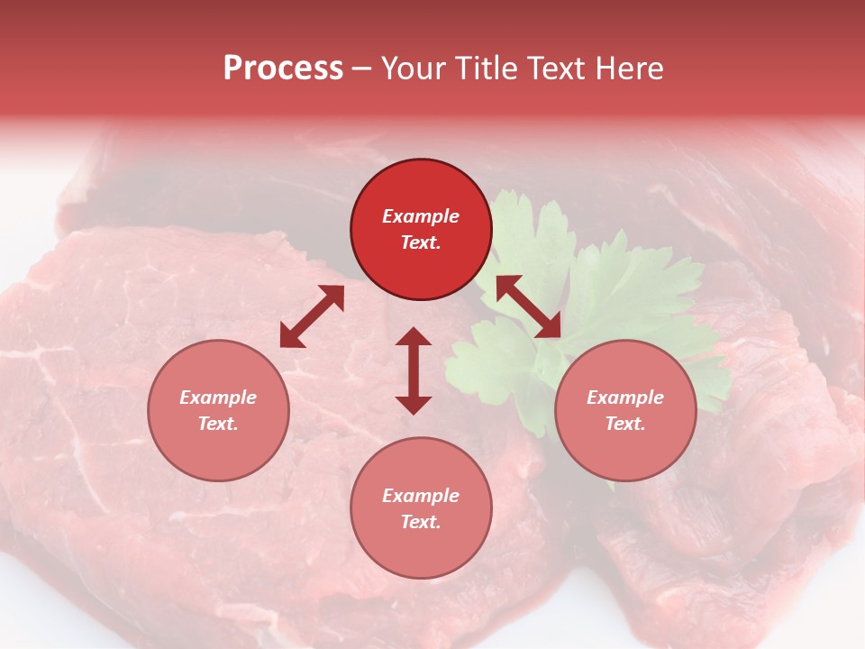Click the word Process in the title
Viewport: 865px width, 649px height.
(283, 68)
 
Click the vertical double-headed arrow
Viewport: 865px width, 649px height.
(414, 370)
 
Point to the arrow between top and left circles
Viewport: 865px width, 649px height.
(312, 316)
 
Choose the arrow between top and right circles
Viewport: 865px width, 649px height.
(528, 306)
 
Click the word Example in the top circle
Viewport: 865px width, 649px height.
(421, 216)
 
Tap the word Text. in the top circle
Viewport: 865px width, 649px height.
(421, 242)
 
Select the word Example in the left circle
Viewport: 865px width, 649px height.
(218, 398)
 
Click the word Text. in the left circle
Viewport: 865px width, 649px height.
(218, 424)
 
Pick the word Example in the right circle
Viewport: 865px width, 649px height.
(625, 398)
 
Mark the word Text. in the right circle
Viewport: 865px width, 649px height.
(625, 424)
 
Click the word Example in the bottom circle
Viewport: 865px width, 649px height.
(421, 496)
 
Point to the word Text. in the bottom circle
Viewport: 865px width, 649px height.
(421, 522)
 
